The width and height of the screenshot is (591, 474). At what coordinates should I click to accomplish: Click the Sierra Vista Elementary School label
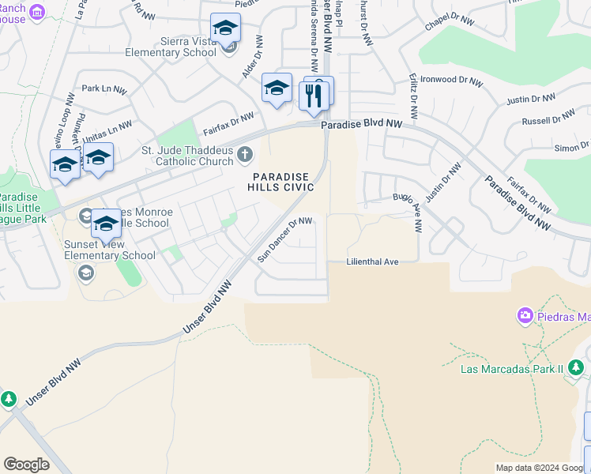(171, 47)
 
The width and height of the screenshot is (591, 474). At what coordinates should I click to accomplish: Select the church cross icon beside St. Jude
(246, 153)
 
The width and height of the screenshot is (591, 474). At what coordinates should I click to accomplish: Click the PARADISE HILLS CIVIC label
(283, 181)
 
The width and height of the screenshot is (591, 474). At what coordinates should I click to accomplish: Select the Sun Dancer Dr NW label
(285, 239)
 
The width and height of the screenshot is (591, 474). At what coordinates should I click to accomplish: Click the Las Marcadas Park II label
(513, 368)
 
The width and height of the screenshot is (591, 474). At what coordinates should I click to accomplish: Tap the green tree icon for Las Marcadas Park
(577, 367)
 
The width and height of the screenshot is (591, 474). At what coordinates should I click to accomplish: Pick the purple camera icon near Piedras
(525, 317)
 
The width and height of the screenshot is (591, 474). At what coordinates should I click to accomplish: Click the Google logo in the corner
(26, 465)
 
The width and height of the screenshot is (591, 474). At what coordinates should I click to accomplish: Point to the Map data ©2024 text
(541, 468)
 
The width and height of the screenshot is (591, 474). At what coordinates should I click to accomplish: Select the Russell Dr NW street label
(548, 119)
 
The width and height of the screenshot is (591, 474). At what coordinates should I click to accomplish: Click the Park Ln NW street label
(104, 89)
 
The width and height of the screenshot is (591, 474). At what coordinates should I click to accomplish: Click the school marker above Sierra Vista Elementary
(225, 28)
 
